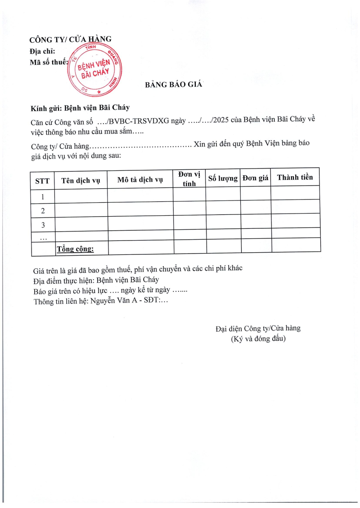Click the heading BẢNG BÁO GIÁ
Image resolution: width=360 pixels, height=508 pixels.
[x=174, y=85]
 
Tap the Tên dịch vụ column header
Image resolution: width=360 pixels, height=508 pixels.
[x=81, y=181]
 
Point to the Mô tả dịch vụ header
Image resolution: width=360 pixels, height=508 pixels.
[x=140, y=180]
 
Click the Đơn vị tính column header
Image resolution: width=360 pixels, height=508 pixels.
[x=189, y=178]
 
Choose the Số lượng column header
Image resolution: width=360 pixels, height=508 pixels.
[x=223, y=178]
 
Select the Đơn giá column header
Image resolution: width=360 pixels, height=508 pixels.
[x=255, y=178]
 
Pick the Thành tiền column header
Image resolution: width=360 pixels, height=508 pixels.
[x=295, y=177]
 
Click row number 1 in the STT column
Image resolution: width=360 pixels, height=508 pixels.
[x=42, y=196]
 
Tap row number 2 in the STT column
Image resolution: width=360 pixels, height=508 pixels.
[x=42, y=211]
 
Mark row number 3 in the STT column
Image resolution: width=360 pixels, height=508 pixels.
[x=43, y=225]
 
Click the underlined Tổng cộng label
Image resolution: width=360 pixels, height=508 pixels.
[x=75, y=248]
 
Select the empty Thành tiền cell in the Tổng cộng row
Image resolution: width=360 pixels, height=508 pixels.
[x=296, y=245]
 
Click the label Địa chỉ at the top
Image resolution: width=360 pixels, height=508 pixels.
[x=42, y=51]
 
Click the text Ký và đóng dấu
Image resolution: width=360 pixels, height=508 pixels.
[x=258, y=339]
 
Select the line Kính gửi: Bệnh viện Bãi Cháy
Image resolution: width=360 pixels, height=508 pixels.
[x=80, y=108]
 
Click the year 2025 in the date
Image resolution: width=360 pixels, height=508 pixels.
[x=220, y=120]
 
